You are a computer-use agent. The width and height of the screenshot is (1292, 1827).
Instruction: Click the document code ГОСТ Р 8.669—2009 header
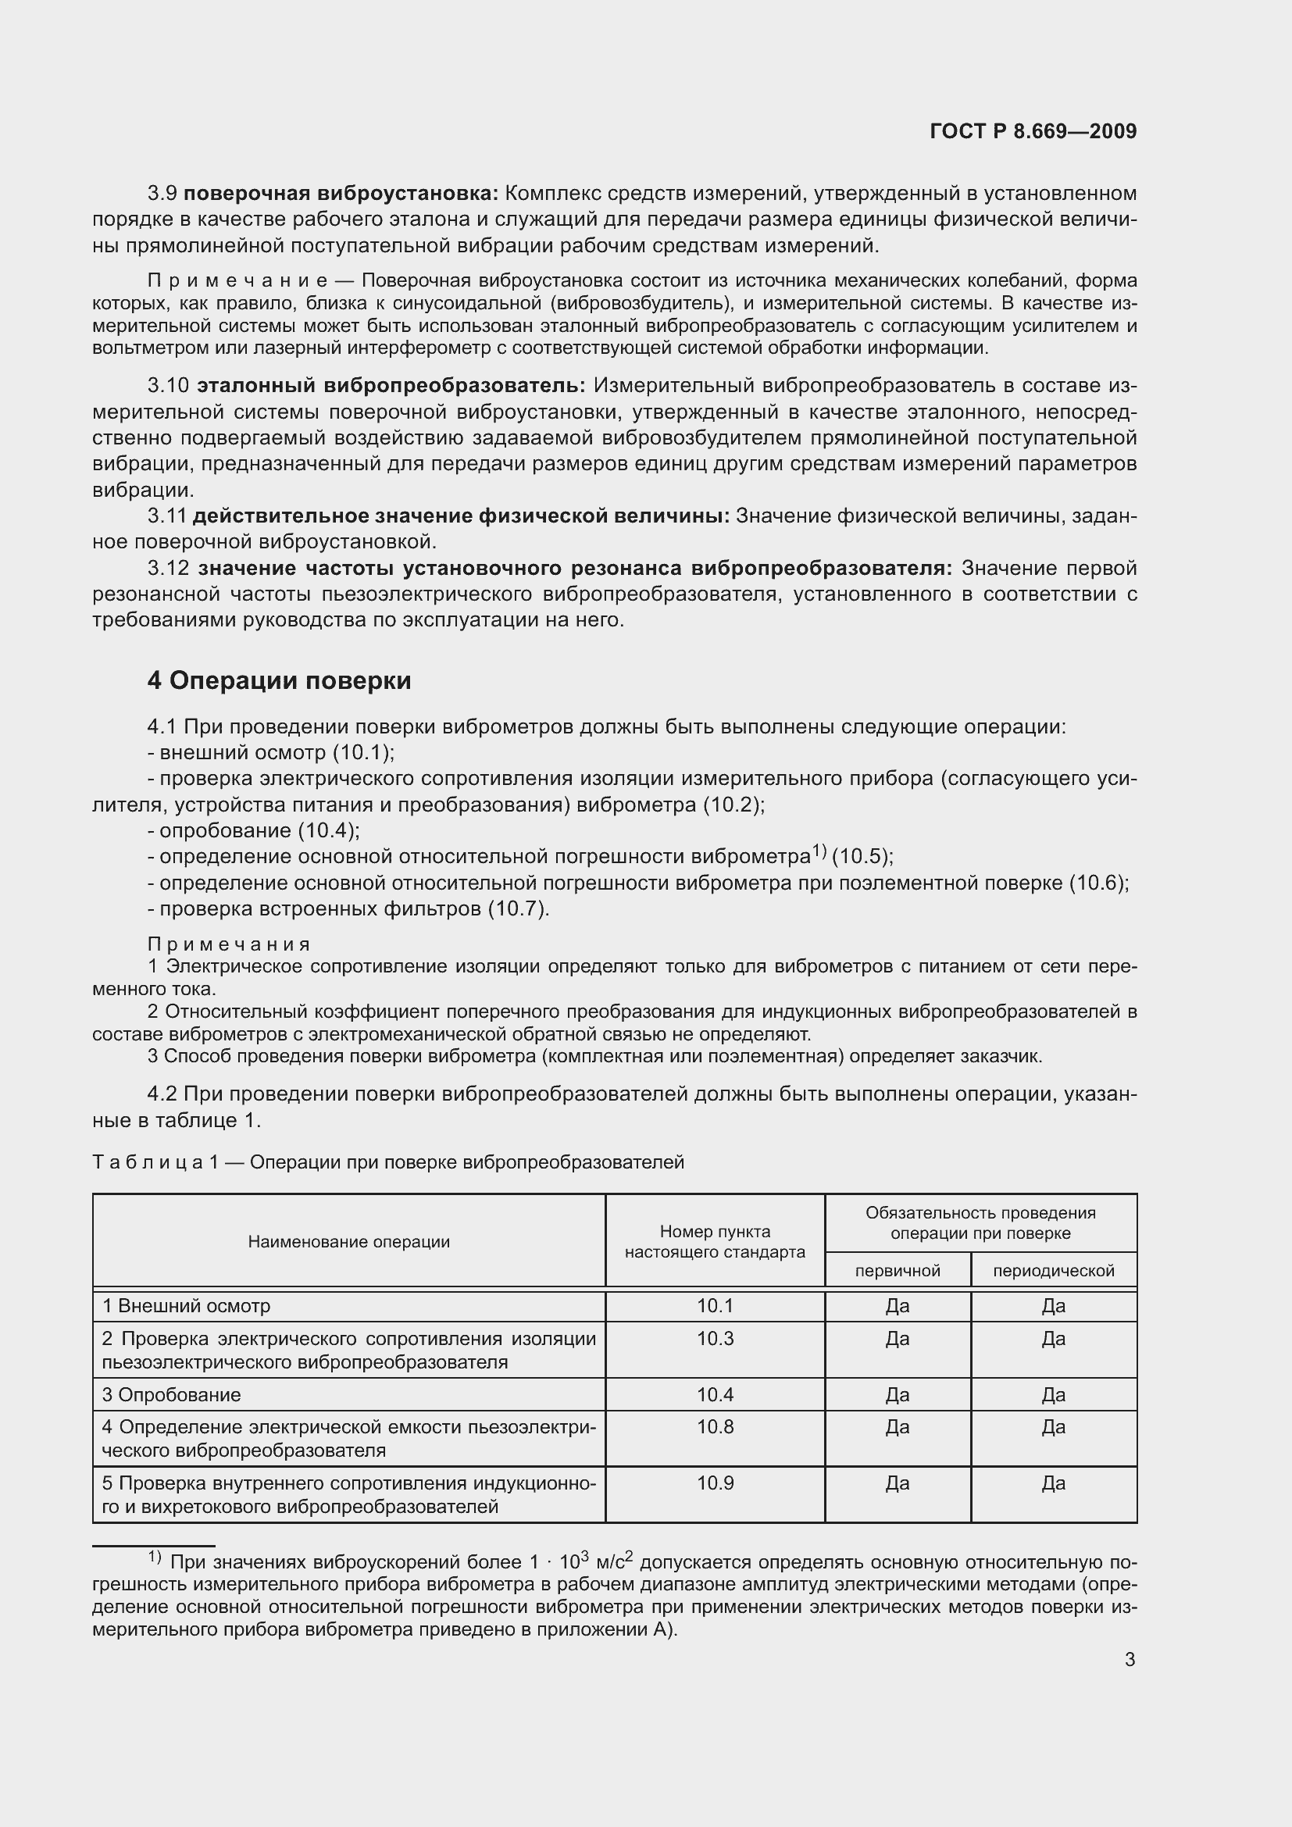(x=1033, y=131)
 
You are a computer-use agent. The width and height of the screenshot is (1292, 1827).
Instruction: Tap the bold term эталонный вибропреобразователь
(x=391, y=386)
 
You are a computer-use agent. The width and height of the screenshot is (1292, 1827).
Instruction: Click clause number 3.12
(x=169, y=568)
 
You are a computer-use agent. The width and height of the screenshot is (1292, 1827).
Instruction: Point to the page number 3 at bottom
(x=1130, y=1660)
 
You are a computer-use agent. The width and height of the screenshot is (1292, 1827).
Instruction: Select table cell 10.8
(x=715, y=1427)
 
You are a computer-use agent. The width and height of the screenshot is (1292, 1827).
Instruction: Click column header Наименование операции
(x=348, y=1242)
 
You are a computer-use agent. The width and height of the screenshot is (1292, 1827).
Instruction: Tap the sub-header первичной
(x=898, y=1271)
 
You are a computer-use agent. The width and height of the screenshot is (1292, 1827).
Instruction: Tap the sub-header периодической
(x=1053, y=1271)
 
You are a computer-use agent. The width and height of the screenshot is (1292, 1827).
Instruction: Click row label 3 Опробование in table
(x=171, y=1394)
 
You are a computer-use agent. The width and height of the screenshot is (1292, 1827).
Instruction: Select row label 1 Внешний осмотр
(x=186, y=1306)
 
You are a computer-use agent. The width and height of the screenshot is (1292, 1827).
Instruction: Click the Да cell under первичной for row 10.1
(x=898, y=1306)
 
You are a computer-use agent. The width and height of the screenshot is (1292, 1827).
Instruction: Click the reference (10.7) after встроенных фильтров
(x=518, y=908)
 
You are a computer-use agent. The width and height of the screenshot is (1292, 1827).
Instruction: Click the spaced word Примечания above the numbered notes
(x=228, y=944)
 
